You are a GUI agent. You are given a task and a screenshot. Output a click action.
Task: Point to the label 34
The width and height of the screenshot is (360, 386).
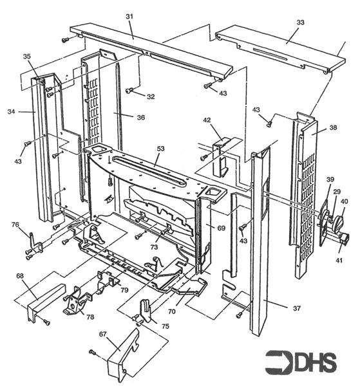pos(11,112)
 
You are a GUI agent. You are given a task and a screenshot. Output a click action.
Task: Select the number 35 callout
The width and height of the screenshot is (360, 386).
pos(27,57)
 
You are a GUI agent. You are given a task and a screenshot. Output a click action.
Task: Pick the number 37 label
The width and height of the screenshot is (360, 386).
pos(296,309)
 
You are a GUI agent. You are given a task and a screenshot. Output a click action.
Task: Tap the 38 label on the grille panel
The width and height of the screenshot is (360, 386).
pos(333,128)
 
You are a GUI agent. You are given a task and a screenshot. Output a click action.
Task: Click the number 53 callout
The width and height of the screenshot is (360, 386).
pos(160,149)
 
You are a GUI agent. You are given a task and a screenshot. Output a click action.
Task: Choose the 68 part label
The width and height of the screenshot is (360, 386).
pos(21,277)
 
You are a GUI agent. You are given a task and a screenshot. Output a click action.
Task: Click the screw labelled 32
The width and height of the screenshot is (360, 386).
pos(129,91)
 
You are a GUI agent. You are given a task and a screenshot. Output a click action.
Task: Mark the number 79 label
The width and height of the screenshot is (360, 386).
pos(124,290)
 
